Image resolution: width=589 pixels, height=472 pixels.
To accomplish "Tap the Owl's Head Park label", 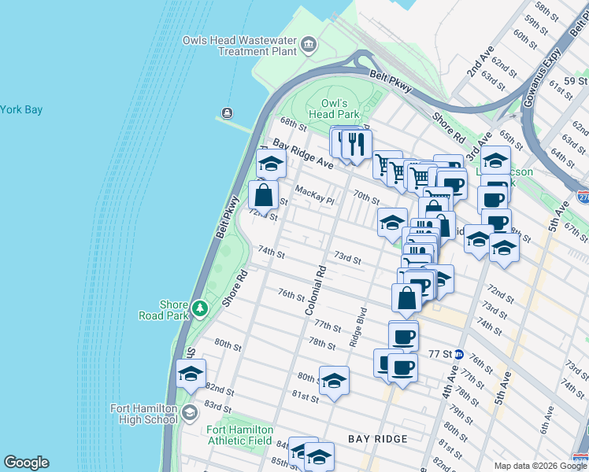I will tap(339, 109).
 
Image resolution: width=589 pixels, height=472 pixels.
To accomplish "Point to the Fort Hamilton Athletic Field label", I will tap(239, 435).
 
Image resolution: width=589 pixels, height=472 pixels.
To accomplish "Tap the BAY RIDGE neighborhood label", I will tap(379, 438).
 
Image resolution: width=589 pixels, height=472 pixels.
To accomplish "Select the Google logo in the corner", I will tap(26, 463).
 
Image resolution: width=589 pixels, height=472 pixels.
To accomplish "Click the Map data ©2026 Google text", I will tap(539, 466).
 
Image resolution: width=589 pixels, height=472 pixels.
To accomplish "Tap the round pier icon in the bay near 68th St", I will tap(228, 112).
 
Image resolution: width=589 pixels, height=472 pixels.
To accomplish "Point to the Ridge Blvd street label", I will tap(359, 327).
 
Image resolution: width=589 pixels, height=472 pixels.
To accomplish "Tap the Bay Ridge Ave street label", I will tap(302, 155).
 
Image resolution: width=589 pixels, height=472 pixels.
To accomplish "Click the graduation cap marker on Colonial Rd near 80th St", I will tap(334, 380).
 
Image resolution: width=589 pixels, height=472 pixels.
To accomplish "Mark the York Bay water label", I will tap(21, 110).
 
